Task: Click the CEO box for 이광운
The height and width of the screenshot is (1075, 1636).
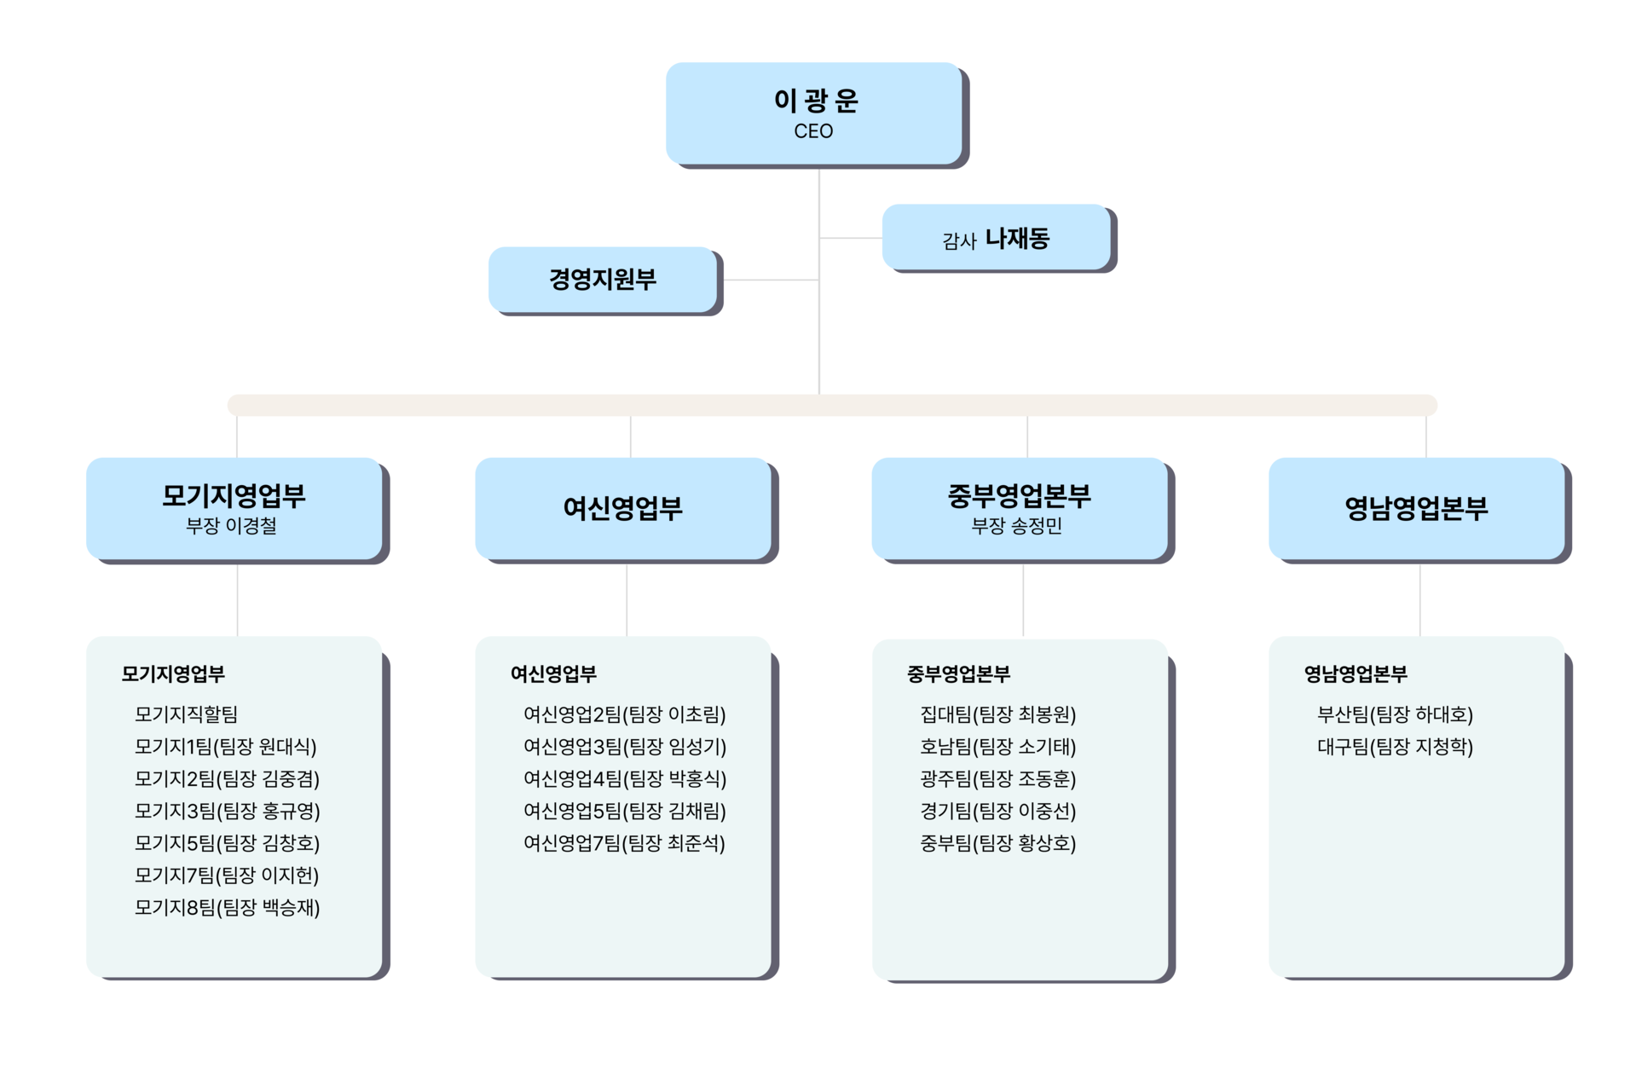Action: pyautogui.click(x=814, y=113)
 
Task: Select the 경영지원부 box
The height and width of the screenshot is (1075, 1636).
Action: pyautogui.click(x=603, y=279)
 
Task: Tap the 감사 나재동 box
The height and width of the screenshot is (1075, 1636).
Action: pyautogui.click(x=997, y=237)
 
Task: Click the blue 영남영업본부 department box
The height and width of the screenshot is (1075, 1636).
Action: pyautogui.click(x=1416, y=508)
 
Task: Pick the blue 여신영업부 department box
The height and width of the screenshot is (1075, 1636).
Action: pyautogui.click(x=623, y=508)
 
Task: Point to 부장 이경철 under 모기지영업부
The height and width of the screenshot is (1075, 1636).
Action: pyautogui.click(x=231, y=526)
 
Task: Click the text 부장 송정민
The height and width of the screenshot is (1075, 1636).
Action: pyautogui.click(x=1016, y=526)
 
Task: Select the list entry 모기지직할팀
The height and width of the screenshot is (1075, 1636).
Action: pyautogui.click(x=186, y=714)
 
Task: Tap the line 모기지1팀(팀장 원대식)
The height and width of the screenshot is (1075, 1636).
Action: pyautogui.click(x=226, y=746)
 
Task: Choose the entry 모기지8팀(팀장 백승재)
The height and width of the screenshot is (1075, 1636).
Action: pyautogui.click(x=228, y=907)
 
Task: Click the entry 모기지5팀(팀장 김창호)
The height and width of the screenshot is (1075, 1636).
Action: pyautogui.click(x=228, y=842)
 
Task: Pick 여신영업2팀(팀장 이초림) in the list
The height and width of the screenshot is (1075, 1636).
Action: pyautogui.click(x=625, y=714)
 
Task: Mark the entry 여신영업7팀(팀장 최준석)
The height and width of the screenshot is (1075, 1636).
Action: pyautogui.click(x=625, y=842)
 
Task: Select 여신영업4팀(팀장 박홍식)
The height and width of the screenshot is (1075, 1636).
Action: pyautogui.click(x=625, y=778)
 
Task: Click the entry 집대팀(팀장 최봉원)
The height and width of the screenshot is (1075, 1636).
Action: pyautogui.click(x=998, y=714)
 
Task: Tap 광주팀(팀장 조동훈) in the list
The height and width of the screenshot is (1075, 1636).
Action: pyautogui.click(x=998, y=778)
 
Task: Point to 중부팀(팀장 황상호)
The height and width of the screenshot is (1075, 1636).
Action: pyautogui.click(x=998, y=842)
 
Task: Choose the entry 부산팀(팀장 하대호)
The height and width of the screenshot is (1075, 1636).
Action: pyautogui.click(x=1396, y=714)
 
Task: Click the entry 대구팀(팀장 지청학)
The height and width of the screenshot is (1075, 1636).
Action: pyautogui.click(x=1396, y=746)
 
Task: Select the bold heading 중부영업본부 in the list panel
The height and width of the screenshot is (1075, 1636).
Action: pyautogui.click(x=958, y=673)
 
